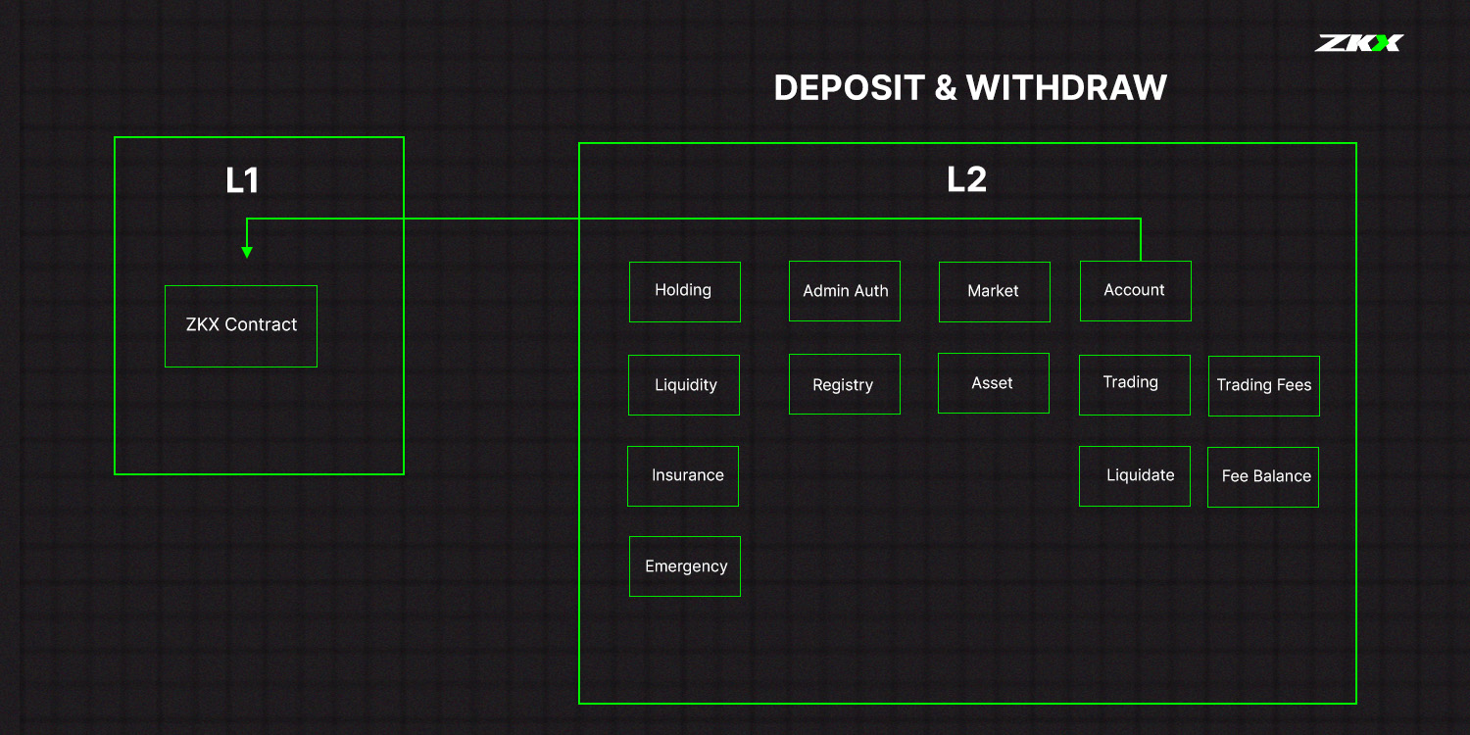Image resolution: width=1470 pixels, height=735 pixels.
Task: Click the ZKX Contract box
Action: click(241, 326)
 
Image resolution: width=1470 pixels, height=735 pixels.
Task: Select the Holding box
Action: click(684, 292)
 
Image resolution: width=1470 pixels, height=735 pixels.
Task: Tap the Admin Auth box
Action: click(845, 291)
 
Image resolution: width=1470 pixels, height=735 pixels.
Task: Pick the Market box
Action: click(995, 292)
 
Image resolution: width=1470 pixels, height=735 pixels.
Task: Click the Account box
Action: click(1135, 291)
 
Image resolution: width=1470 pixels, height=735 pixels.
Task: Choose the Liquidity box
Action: click(684, 385)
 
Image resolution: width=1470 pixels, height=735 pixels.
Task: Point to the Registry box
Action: click(845, 384)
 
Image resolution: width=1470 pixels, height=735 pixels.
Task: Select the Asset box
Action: click(994, 383)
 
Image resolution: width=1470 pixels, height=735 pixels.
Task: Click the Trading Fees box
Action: click(1264, 386)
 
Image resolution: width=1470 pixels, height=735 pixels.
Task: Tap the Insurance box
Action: click(683, 476)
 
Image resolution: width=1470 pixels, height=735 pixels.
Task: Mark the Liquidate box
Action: click(1135, 476)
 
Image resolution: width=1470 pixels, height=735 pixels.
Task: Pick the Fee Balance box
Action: click(1263, 477)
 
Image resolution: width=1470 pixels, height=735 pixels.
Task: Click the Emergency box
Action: click(684, 566)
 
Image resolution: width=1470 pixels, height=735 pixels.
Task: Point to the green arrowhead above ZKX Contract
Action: click(247, 253)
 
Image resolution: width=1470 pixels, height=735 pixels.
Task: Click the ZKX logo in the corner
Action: click(1359, 43)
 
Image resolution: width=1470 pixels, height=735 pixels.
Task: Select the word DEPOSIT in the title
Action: click(850, 88)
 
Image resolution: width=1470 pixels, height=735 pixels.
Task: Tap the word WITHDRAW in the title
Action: click(1066, 88)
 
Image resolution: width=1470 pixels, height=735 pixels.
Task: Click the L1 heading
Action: click(242, 180)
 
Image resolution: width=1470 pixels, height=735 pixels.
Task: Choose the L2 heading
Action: click(966, 179)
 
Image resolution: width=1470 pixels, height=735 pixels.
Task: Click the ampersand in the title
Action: click(945, 88)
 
